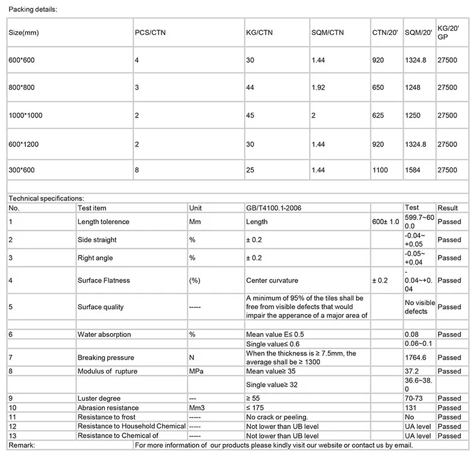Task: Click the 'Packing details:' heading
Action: [33, 10]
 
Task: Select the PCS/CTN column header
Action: [149, 33]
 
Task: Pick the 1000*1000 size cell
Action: [26, 116]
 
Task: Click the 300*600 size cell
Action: [22, 171]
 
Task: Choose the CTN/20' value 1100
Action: [380, 171]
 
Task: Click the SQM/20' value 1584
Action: [413, 171]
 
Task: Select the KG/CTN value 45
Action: [250, 116]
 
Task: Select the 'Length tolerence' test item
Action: [103, 222]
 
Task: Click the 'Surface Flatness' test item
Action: [104, 280]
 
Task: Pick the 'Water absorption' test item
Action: [104, 334]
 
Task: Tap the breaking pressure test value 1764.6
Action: [415, 357]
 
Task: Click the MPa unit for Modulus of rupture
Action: [196, 371]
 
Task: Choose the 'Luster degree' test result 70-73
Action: [415, 398]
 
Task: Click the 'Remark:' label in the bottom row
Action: [22, 445]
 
